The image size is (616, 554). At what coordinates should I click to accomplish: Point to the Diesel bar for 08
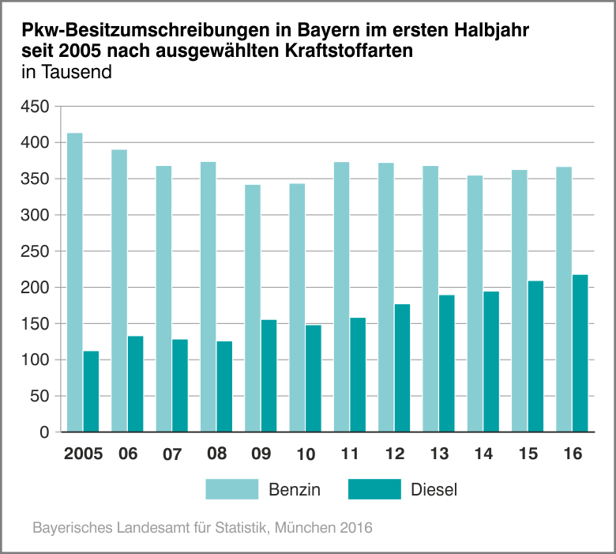pyautogui.click(x=224, y=386)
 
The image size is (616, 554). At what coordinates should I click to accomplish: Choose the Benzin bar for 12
pyautogui.click(x=385, y=297)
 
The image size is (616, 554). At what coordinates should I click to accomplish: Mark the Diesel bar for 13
pyautogui.click(x=447, y=364)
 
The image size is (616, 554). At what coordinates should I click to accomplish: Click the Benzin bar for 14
pyautogui.click(x=475, y=303)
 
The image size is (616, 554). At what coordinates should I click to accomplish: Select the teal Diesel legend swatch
pyautogui.click(x=374, y=489)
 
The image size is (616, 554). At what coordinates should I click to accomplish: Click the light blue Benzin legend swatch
pyautogui.click(x=232, y=489)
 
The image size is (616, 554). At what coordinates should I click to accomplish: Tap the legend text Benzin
pyautogui.click(x=295, y=489)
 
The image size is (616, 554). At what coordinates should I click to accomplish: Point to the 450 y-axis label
pyautogui.click(x=35, y=107)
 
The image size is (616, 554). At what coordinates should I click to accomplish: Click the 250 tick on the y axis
pyautogui.click(x=35, y=251)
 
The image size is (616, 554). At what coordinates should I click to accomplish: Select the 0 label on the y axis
pyautogui.click(x=44, y=432)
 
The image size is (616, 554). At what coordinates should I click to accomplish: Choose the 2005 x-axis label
pyautogui.click(x=83, y=454)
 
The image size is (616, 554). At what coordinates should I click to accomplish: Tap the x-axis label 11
pyautogui.click(x=350, y=454)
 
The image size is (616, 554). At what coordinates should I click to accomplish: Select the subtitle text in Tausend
pyautogui.click(x=66, y=72)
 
